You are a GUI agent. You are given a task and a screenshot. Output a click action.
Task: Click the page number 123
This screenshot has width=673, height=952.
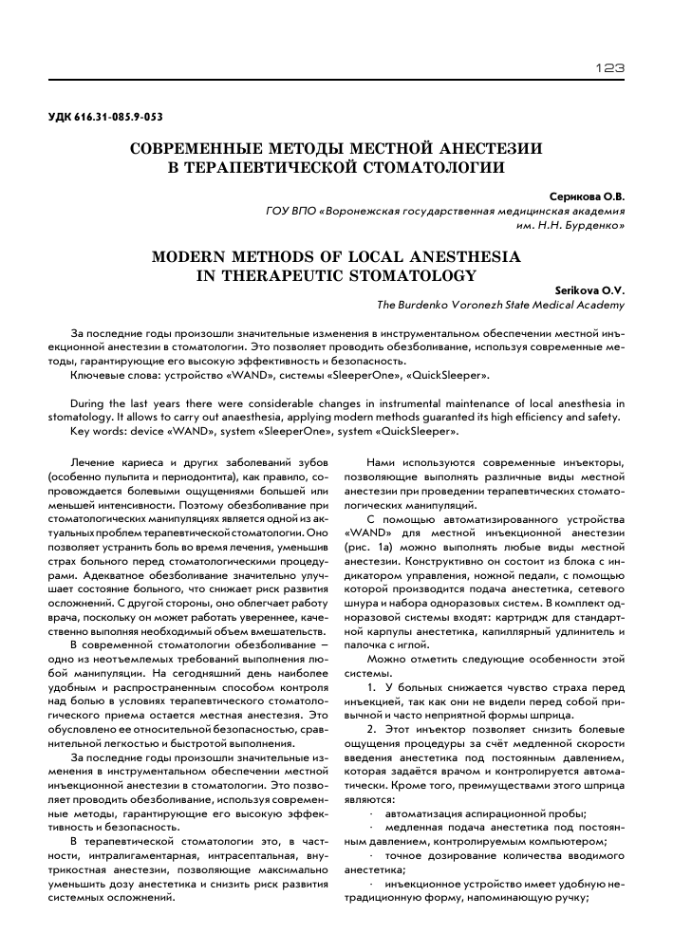[608, 67]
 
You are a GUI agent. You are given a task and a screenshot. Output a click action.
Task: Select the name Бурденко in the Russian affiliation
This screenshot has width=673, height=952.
[592, 228]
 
